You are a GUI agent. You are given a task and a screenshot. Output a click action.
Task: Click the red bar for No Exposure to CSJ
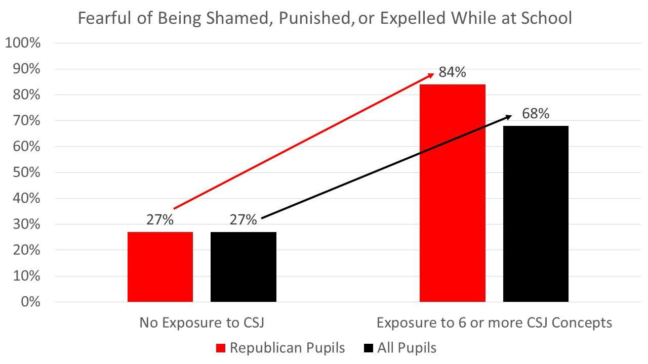(x=160, y=267)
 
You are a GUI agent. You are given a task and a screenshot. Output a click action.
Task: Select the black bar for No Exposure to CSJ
(x=243, y=267)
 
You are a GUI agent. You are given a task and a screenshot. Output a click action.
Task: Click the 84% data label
(x=452, y=72)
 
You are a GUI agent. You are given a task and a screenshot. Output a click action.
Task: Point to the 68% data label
(x=536, y=114)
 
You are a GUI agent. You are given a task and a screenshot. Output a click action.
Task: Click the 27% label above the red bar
(x=160, y=220)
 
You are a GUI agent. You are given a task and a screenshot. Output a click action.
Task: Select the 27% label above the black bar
(x=243, y=220)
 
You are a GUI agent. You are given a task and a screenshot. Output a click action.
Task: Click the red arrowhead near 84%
(x=430, y=75)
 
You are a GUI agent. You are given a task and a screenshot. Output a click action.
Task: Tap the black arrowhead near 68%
(x=508, y=117)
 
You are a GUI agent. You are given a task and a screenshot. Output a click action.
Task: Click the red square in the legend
(x=220, y=348)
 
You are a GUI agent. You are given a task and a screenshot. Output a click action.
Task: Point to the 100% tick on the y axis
(x=22, y=43)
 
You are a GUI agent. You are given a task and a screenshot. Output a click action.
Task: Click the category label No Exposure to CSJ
(x=201, y=323)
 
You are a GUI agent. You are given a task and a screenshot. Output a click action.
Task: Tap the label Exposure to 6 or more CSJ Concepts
(x=494, y=323)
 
